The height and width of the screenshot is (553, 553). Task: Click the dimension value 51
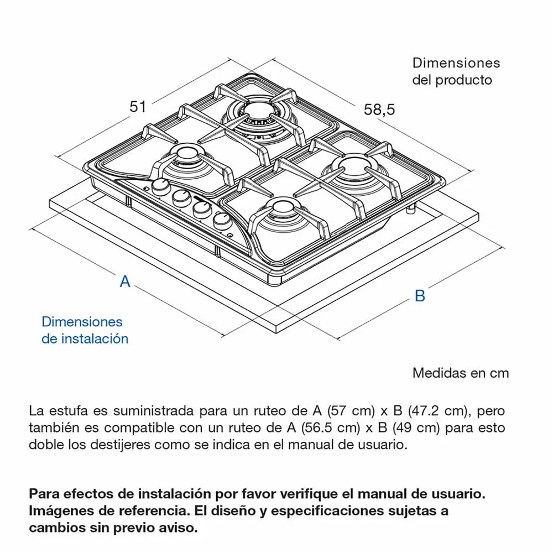coord(138,107)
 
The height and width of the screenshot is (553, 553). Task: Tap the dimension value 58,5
coord(379,109)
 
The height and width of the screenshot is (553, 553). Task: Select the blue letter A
coord(125,281)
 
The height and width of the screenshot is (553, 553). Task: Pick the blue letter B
coord(420,295)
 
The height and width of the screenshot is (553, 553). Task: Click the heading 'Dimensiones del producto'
coord(456,71)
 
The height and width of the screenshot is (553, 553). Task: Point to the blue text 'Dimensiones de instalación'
coord(85,330)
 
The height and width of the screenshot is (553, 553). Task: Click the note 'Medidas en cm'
coord(461,373)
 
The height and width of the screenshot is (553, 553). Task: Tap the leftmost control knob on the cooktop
coord(161,186)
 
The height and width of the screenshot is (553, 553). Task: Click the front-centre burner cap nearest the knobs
coord(282,207)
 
